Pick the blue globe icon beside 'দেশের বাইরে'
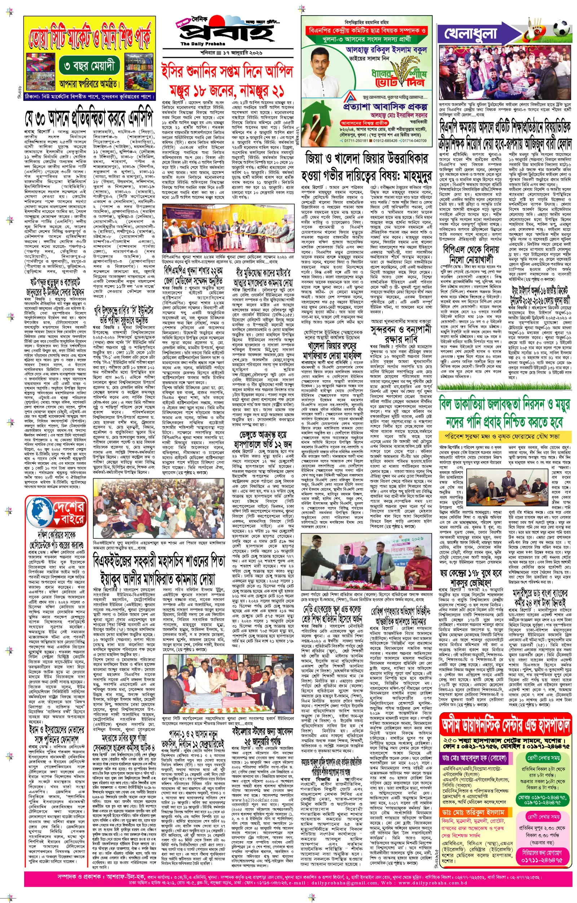(x=40, y=511)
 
